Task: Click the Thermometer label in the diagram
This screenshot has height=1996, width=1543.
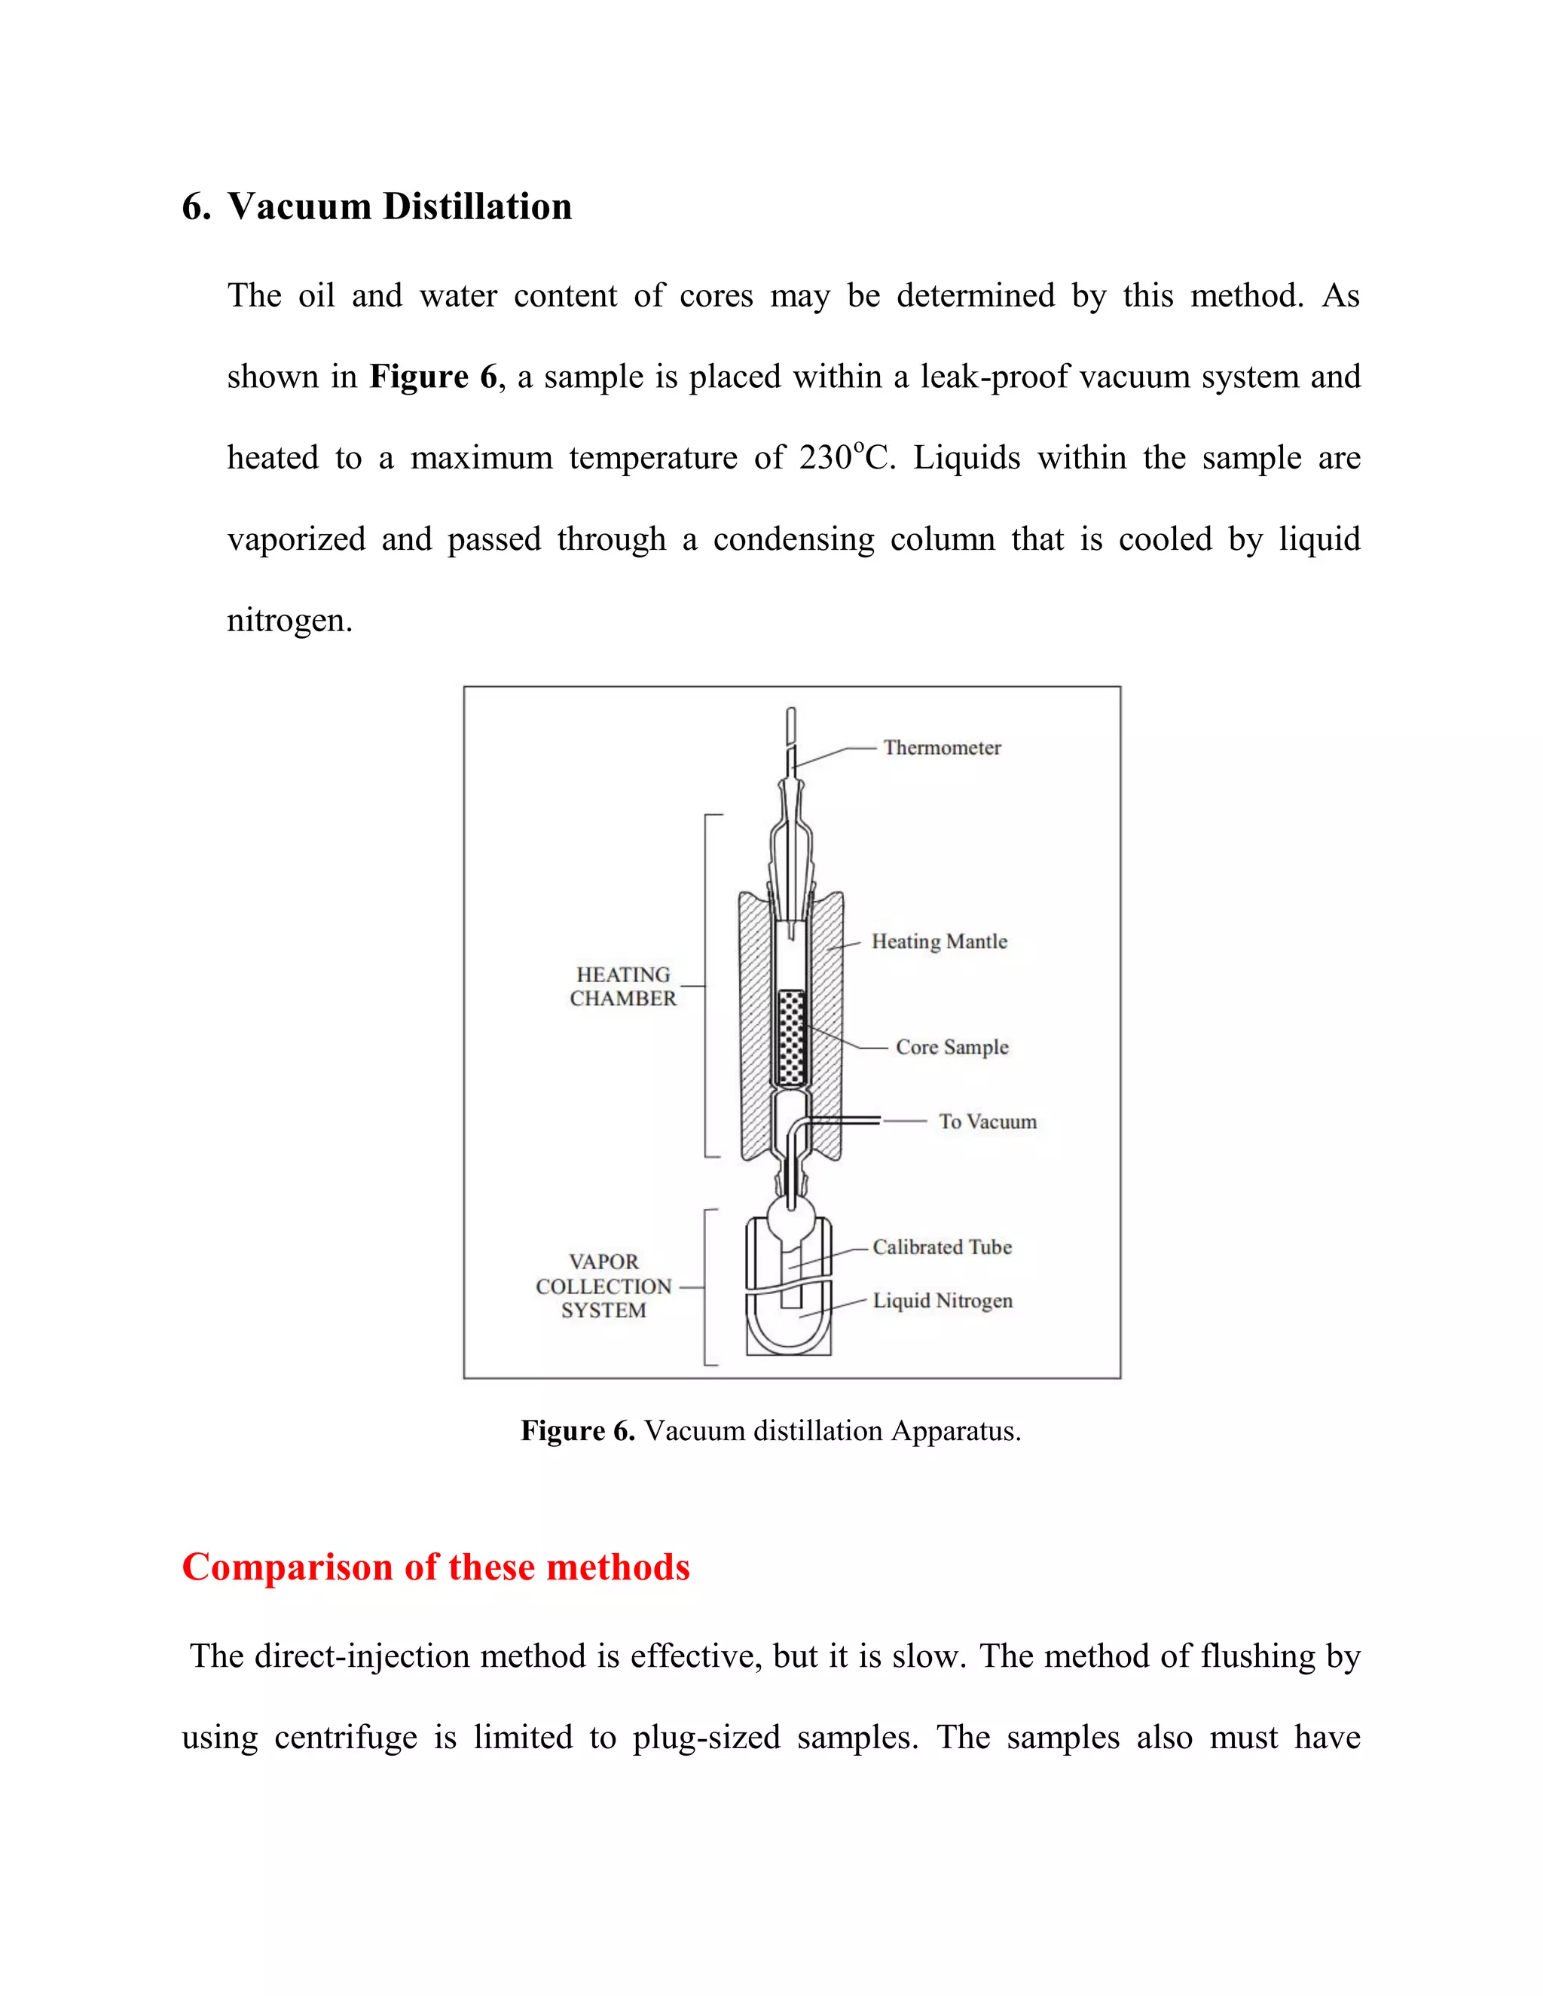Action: [x=942, y=748]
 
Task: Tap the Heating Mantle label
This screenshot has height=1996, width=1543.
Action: [x=939, y=942]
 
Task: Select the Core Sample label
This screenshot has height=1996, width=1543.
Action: [x=952, y=1048]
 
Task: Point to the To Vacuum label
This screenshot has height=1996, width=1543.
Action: [x=987, y=1122]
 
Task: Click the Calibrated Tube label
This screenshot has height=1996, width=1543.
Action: [x=942, y=1247]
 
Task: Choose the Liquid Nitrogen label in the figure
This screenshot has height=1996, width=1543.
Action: [x=942, y=1301]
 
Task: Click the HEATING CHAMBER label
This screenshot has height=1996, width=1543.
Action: [x=622, y=987]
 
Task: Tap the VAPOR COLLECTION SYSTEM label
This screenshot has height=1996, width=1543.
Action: [x=603, y=1286]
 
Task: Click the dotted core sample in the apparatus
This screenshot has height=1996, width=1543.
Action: [x=790, y=1037]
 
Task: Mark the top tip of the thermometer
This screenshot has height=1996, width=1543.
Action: [x=790, y=712]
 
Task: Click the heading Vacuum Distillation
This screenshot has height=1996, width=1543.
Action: [x=399, y=206]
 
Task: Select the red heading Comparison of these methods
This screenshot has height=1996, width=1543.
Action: [x=435, y=1567]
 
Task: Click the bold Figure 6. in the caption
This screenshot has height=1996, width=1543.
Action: [x=578, y=1430]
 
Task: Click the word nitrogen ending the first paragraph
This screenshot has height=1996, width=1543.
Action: [x=289, y=621]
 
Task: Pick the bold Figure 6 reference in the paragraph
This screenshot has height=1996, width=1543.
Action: [x=433, y=377]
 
